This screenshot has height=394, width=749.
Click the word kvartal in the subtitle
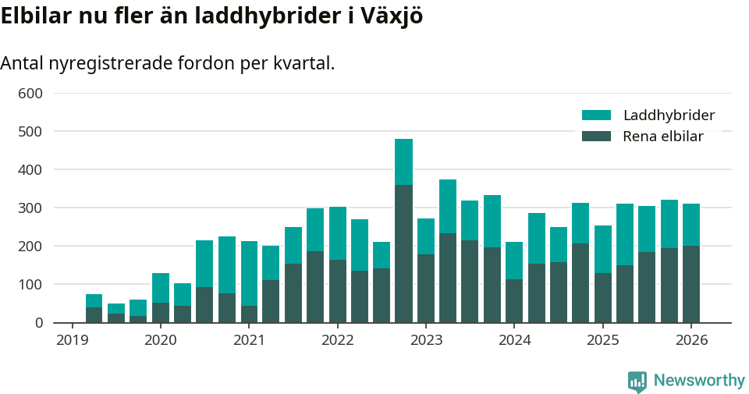coord(300,63)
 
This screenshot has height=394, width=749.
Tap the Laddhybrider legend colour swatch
coord(596,115)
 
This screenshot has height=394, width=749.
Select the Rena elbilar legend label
coord(663,137)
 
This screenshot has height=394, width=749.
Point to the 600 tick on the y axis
coord(30,94)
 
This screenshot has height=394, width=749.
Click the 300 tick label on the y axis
coord(30,208)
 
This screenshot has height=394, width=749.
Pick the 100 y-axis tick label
coord(30,285)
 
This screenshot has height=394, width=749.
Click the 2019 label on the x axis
coord(72,340)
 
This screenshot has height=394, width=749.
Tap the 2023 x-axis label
coord(426,340)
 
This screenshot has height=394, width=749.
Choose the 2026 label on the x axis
coord(691,340)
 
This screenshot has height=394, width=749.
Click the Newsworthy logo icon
coord(637,381)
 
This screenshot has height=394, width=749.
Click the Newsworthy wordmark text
coord(699,381)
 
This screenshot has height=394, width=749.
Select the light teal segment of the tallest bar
coord(403,162)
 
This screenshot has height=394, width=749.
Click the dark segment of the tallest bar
coord(403,254)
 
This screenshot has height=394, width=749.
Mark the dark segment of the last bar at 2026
coord(691,284)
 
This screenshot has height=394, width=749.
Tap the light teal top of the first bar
coord(94,300)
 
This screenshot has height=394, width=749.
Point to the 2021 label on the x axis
coord(249,340)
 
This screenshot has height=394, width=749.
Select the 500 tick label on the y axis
coord(30,132)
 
